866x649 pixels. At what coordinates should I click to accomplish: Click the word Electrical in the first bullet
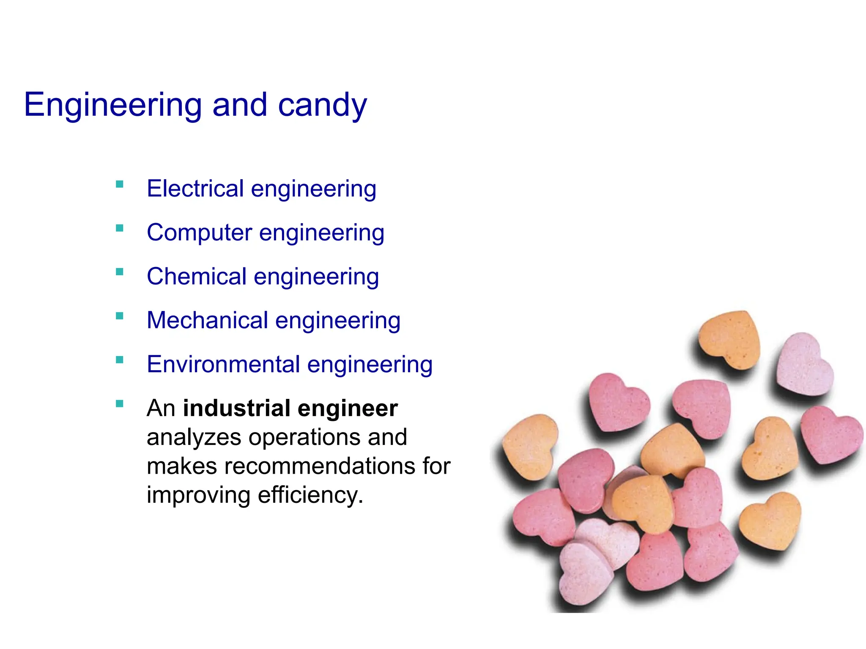pyautogui.click(x=195, y=188)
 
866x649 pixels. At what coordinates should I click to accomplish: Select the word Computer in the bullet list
pyautogui.click(x=199, y=232)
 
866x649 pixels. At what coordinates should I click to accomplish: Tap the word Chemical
pyautogui.click(x=196, y=276)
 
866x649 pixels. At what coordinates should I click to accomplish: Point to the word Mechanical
pyautogui.click(x=207, y=320)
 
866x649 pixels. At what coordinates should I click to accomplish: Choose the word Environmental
pyautogui.click(x=223, y=364)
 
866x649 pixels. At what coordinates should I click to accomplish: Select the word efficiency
pyautogui.click(x=310, y=495)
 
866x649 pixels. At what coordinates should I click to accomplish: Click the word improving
pyautogui.click(x=198, y=495)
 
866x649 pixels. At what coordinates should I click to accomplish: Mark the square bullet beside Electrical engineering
pyautogui.click(x=120, y=184)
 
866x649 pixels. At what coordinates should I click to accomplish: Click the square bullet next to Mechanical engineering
pyautogui.click(x=120, y=316)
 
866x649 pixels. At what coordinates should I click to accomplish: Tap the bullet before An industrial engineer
pyautogui.click(x=120, y=404)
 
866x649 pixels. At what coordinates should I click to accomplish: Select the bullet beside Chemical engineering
pyautogui.click(x=120, y=272)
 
